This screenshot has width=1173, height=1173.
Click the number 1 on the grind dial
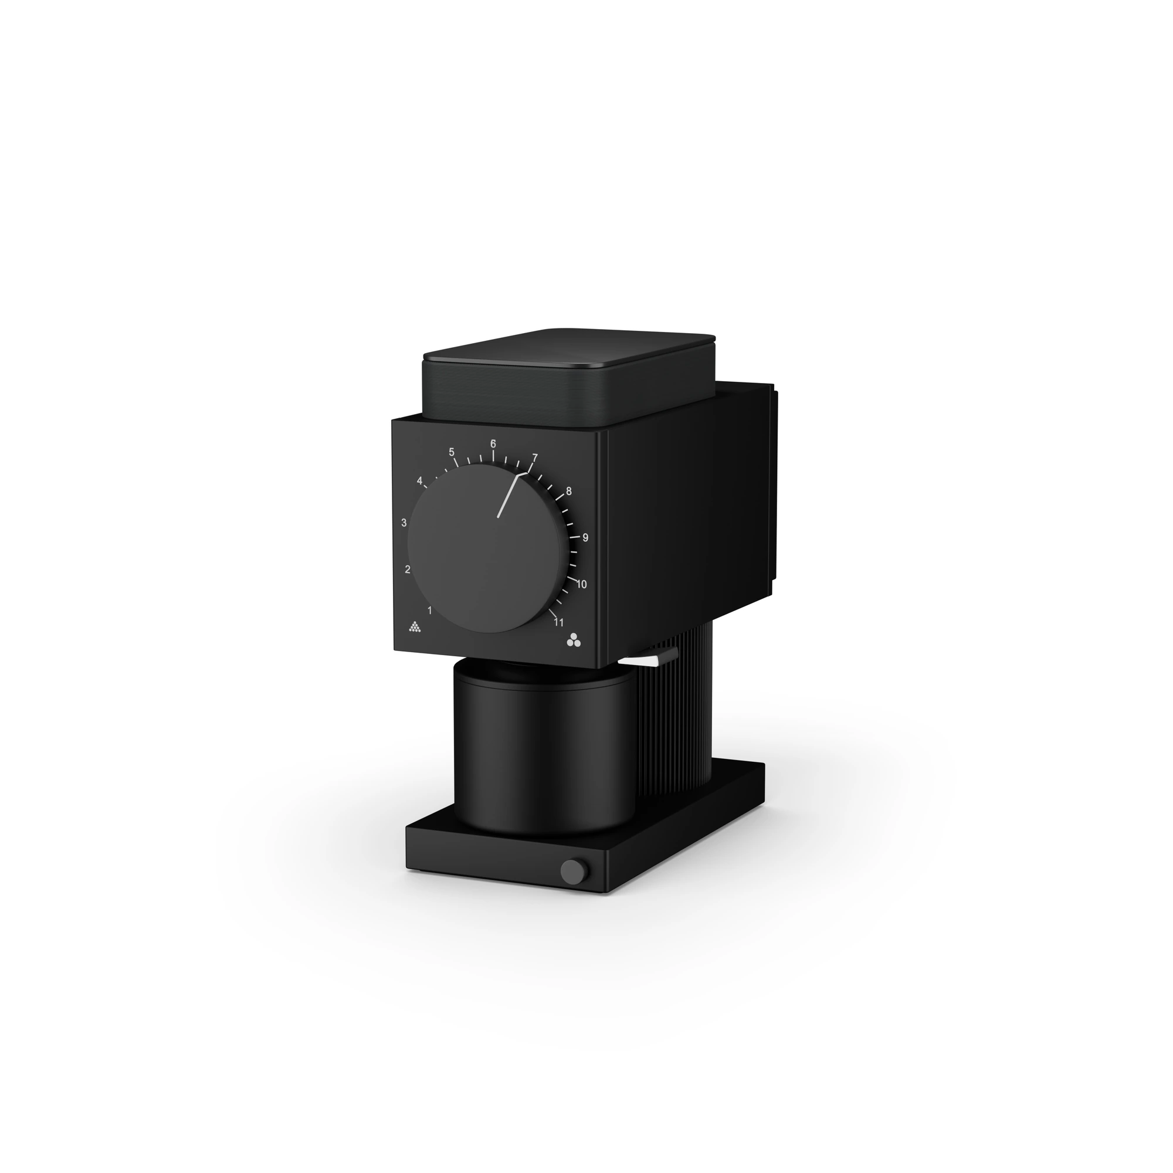pyautogui.click(x=429, y=610)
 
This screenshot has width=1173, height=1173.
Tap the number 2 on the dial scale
pyautogui.click(x=408, y=569)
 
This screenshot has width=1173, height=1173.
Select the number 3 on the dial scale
pyautogui.click(x=404, y=523)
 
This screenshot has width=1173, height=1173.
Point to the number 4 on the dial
pyautogui.click(x=419, y=481)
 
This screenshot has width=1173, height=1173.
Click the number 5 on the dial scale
pyautogui.click(x=452, y=452)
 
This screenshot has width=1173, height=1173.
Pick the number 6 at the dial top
pyautogui.click(x=493, y=443)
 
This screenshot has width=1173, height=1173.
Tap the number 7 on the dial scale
pyautogui.click(x=534, y=457)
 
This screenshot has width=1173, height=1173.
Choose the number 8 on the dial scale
pyautogui.click(x=568, y=491)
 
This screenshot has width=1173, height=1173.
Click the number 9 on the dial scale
pyautogui.click(x=585, y=537)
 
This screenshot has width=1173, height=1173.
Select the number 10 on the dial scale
pyautogui.click(x=581, y=585)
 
